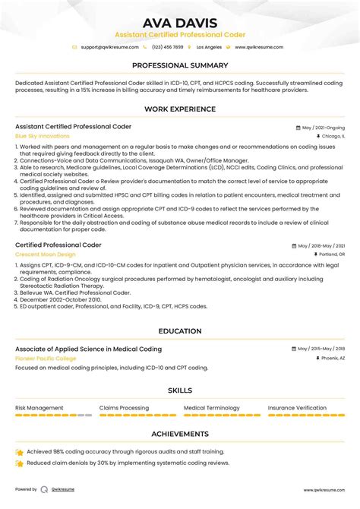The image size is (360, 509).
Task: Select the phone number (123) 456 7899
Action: click(x=168, y=47)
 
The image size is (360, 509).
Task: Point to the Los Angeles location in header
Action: click(x=209, y=47)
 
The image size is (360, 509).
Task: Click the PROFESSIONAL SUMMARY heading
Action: click(x=179, y=65)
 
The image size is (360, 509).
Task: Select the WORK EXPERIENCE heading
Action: click(x=179, y=109)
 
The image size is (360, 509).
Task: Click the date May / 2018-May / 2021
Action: click(x=321, y=246)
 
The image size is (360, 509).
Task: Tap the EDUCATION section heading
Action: click(x=179, y=331)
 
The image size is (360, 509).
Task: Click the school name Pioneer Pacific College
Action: click(x=45, y=358)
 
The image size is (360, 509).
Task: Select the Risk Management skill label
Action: click(x=39, y=408)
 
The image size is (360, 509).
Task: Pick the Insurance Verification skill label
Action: click(x=297, y=408)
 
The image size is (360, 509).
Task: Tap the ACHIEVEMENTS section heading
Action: click(x=179, y=434)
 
